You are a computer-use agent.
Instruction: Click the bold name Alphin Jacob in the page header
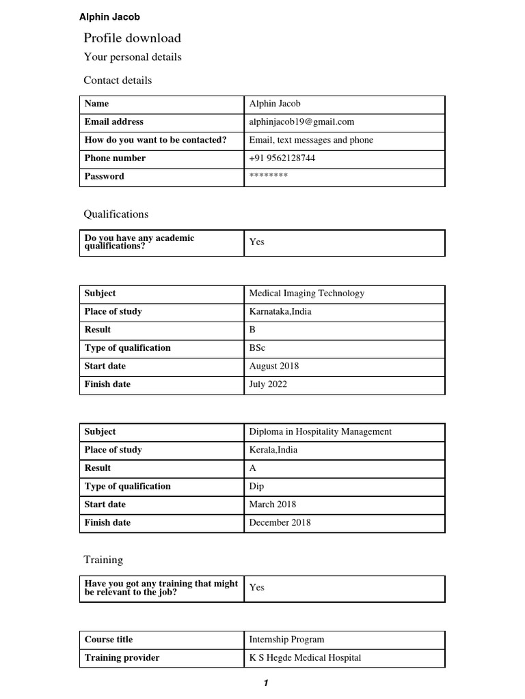(109, 17)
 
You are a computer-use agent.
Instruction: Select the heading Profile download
(132, 38)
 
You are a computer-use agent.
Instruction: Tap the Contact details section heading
(118, 81)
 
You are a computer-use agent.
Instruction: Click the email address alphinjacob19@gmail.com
(301, 122)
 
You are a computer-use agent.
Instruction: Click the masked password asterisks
(269, 176)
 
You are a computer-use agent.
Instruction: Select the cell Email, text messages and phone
(311, 140)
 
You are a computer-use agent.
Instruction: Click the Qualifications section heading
(116, 214)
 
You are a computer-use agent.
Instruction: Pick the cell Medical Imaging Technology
(306, 294)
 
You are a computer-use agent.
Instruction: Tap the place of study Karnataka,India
(281, 312)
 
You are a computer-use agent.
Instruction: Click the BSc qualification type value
(257, 348)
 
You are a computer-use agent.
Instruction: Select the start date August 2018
(273, 366)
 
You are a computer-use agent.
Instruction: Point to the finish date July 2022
(268, 384)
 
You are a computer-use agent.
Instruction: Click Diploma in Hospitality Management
(320, 432)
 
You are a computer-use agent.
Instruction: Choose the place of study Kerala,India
(273, 451)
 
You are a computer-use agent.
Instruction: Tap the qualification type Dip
(256, 487)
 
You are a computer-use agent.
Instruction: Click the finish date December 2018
(280, 523)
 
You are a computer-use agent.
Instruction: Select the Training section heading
(103, 560)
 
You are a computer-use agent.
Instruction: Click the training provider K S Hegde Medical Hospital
(305, 658)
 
